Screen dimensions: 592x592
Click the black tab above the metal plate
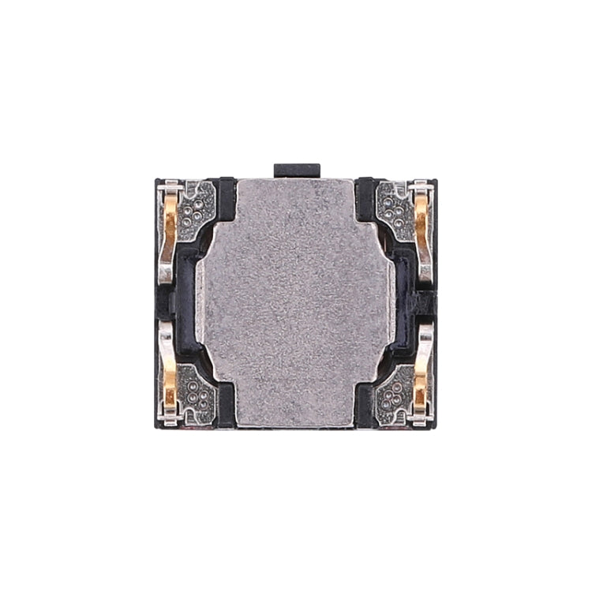297,170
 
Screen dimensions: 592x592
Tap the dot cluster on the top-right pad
395,207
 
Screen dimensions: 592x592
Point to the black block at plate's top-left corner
227,197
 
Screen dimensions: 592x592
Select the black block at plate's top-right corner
365,197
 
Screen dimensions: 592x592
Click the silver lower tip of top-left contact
166,272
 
